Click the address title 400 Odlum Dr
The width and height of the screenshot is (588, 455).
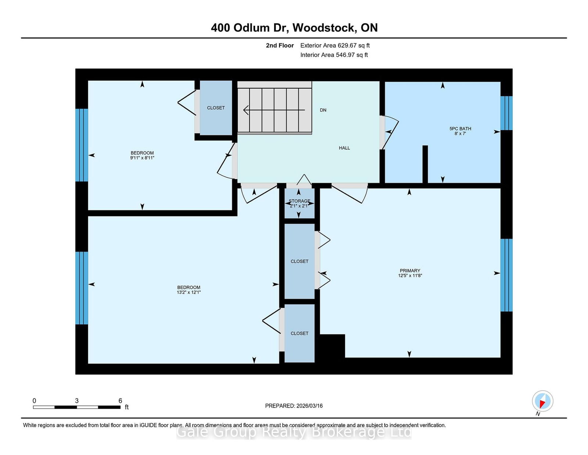tap(294, 28)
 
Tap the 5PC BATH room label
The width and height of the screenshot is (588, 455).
tap(460, 129)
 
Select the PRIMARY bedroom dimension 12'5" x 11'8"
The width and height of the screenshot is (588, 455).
tap(410, 276)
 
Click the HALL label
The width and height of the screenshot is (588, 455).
tap(344, 148)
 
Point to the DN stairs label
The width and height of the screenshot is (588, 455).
tap(323, 110)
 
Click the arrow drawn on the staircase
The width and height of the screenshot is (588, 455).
tap(274, 110)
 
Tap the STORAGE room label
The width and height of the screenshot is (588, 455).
tap(299, 201)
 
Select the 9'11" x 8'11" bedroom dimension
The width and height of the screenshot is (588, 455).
tap(142, 158)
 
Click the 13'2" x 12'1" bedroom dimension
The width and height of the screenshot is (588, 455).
tap(189, 292)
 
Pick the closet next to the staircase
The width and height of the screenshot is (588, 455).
tap(216, 108)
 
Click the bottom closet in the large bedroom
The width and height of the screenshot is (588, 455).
tap(300, 333)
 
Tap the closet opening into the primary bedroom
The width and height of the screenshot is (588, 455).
tap(300, 261)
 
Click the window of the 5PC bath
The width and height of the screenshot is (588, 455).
tap(506, 113)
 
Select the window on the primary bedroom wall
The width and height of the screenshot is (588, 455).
tap(506, 275)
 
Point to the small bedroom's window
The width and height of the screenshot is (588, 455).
tap(82, 145)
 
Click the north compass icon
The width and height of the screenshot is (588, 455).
tap(542, 401)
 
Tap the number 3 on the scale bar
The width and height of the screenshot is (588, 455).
tap(77, 401)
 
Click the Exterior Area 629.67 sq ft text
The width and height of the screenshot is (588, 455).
tap(335, 46)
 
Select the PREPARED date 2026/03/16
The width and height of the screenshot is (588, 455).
tap(294, 406)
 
